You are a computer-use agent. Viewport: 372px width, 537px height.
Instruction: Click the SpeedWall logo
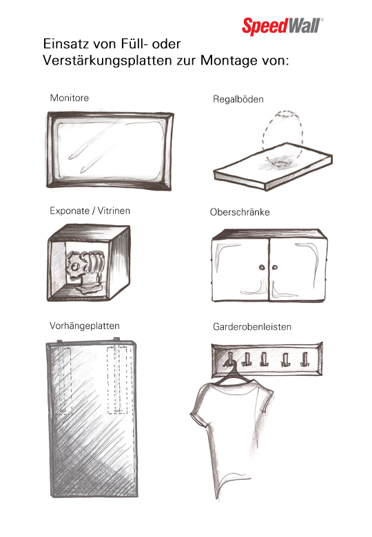[x=282, y=26]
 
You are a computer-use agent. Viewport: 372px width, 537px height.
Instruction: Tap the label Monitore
[x=70, y=98]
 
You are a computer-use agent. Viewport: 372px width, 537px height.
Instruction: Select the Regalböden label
[x=238, y=99]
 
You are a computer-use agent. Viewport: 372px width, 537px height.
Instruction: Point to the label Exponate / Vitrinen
[x=90, y=211]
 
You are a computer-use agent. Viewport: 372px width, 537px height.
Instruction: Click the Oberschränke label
[x=240, y=212]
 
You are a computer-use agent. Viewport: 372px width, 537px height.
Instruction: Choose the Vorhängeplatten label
[x=85, y=326]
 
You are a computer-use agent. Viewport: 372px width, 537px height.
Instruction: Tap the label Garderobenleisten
[x=252, y=327]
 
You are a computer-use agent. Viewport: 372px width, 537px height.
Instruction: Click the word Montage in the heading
[x=229, y=61]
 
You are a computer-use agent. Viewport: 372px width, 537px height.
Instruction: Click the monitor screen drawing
[x=110, y=151]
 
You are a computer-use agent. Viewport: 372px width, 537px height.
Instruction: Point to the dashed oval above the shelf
[x=283, y=137]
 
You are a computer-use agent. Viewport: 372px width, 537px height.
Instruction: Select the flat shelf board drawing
[x=273, y=167]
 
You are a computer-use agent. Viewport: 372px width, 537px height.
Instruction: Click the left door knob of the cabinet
[x=262, y=267]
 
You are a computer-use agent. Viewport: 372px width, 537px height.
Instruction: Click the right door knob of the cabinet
[x=275, y=267]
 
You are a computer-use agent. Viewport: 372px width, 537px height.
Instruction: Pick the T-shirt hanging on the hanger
[x=231, y=439]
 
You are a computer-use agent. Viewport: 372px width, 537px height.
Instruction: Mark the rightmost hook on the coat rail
[x=304, y=359]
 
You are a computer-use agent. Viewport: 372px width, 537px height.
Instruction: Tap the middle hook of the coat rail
[x=264, y=359]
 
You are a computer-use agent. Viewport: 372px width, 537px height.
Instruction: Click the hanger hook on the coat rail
[x=229, y=359]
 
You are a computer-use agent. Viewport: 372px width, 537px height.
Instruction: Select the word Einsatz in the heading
[x=64, y=44]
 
